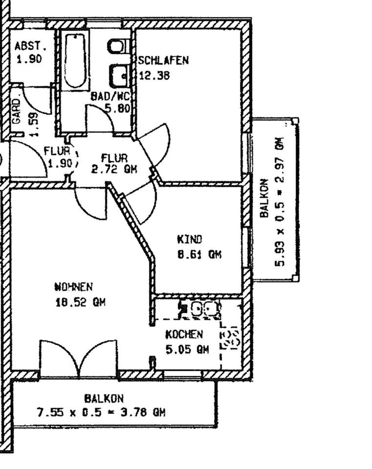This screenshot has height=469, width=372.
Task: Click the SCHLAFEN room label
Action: [x=163, y=61]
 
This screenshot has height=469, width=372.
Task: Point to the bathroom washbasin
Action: [x=120, y=76]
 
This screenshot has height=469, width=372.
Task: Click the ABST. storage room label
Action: [x=30, y=46]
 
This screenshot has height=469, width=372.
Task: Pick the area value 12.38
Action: [x=154, y=75]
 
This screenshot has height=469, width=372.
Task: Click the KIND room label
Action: [x=189, y=239]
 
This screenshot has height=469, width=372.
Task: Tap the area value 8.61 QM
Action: [x=199, y=255]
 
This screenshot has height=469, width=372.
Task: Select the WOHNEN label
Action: [x=73, y=287]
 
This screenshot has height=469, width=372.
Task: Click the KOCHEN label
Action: [x=184, y=335]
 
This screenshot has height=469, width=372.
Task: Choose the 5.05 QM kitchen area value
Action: [x=187, y=349]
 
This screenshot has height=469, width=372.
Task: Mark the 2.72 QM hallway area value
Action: [x=114, y=170]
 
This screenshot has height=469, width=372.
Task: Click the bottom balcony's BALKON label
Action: [x=104, y=399]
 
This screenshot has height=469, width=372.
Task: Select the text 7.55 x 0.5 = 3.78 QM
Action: [x=101, y=412]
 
